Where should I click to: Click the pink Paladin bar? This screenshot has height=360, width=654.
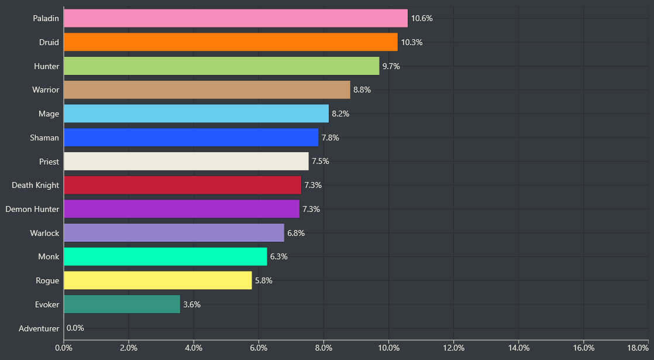click(236, 18)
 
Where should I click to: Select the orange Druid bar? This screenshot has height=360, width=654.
click(230, 42)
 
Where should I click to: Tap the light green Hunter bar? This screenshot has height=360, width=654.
click(221, 66)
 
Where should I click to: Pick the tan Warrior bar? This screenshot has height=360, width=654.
click(206, 90)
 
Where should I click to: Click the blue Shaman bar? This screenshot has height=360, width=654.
click(191, 138)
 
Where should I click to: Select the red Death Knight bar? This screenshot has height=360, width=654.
click(182, 185)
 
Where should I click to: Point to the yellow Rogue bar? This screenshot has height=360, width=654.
click(157, 280)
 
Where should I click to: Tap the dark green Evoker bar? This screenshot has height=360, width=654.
click(122, 304)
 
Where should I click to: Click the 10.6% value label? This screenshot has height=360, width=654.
click(422, 18)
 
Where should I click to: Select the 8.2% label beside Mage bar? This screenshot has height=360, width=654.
click(340, 114)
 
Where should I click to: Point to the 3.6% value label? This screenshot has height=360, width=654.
click(192, 304)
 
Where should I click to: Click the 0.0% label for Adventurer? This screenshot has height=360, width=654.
click(75, 328)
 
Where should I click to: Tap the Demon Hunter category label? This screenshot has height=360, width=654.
click(32, 209)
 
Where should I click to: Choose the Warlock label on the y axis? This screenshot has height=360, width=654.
click(44, 233)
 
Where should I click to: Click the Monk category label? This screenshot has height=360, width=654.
click(49, 256)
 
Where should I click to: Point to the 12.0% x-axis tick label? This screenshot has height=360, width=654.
click(453, 348)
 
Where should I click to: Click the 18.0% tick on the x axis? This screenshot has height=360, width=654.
click(638, 348)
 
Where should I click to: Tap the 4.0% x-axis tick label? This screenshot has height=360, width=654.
click(194, 348)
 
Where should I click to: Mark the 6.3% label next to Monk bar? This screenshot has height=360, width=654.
click(279, 256)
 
